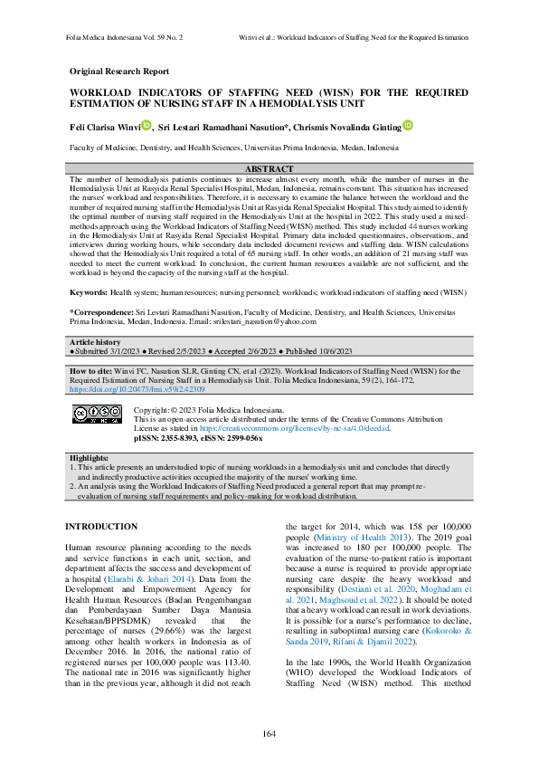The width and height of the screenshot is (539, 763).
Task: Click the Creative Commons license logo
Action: coord(95,413)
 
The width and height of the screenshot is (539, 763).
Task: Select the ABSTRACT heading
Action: coord(269,169)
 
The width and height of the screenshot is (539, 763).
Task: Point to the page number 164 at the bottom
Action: coord(269,732)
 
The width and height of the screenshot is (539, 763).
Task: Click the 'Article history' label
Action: coord(96,341)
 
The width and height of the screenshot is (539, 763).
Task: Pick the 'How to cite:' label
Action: coord(94,370)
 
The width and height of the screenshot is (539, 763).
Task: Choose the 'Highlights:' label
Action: coord(90,458)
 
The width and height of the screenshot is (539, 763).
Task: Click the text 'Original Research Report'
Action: coord(118,71)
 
